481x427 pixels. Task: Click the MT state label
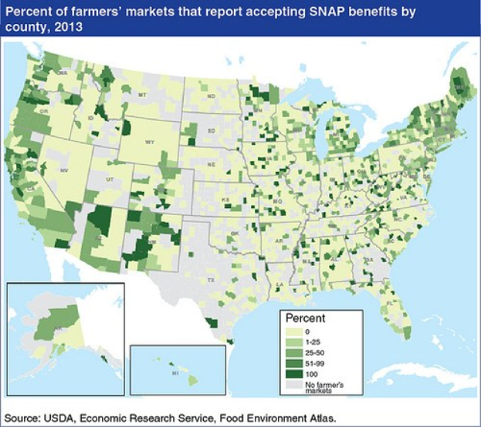tap(142, 94)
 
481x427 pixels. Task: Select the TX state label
tap(210, 272)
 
